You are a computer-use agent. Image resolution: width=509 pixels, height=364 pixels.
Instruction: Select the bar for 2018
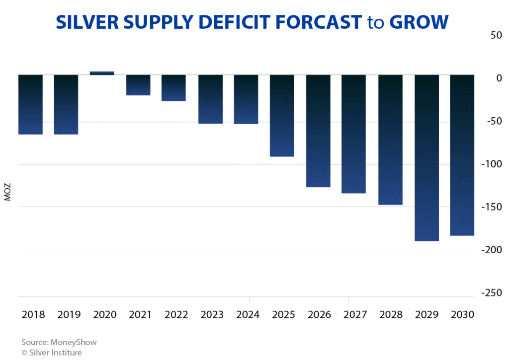pos(30,104)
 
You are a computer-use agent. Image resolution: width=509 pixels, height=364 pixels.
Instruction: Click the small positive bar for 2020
pos(102,73)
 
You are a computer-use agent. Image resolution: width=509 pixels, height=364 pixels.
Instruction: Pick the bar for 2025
pos(282,115)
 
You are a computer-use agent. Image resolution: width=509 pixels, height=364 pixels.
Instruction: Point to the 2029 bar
pos(426,157)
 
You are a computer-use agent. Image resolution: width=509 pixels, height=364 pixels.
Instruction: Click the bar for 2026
pos(318,131)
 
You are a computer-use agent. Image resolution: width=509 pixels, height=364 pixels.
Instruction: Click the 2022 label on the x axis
pos(176,315)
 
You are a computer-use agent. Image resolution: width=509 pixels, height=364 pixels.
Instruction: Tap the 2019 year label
pos(69,315)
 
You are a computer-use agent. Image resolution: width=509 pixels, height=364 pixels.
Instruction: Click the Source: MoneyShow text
pos(59,343)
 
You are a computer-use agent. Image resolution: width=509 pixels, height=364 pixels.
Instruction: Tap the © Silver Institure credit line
pos(52,353)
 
